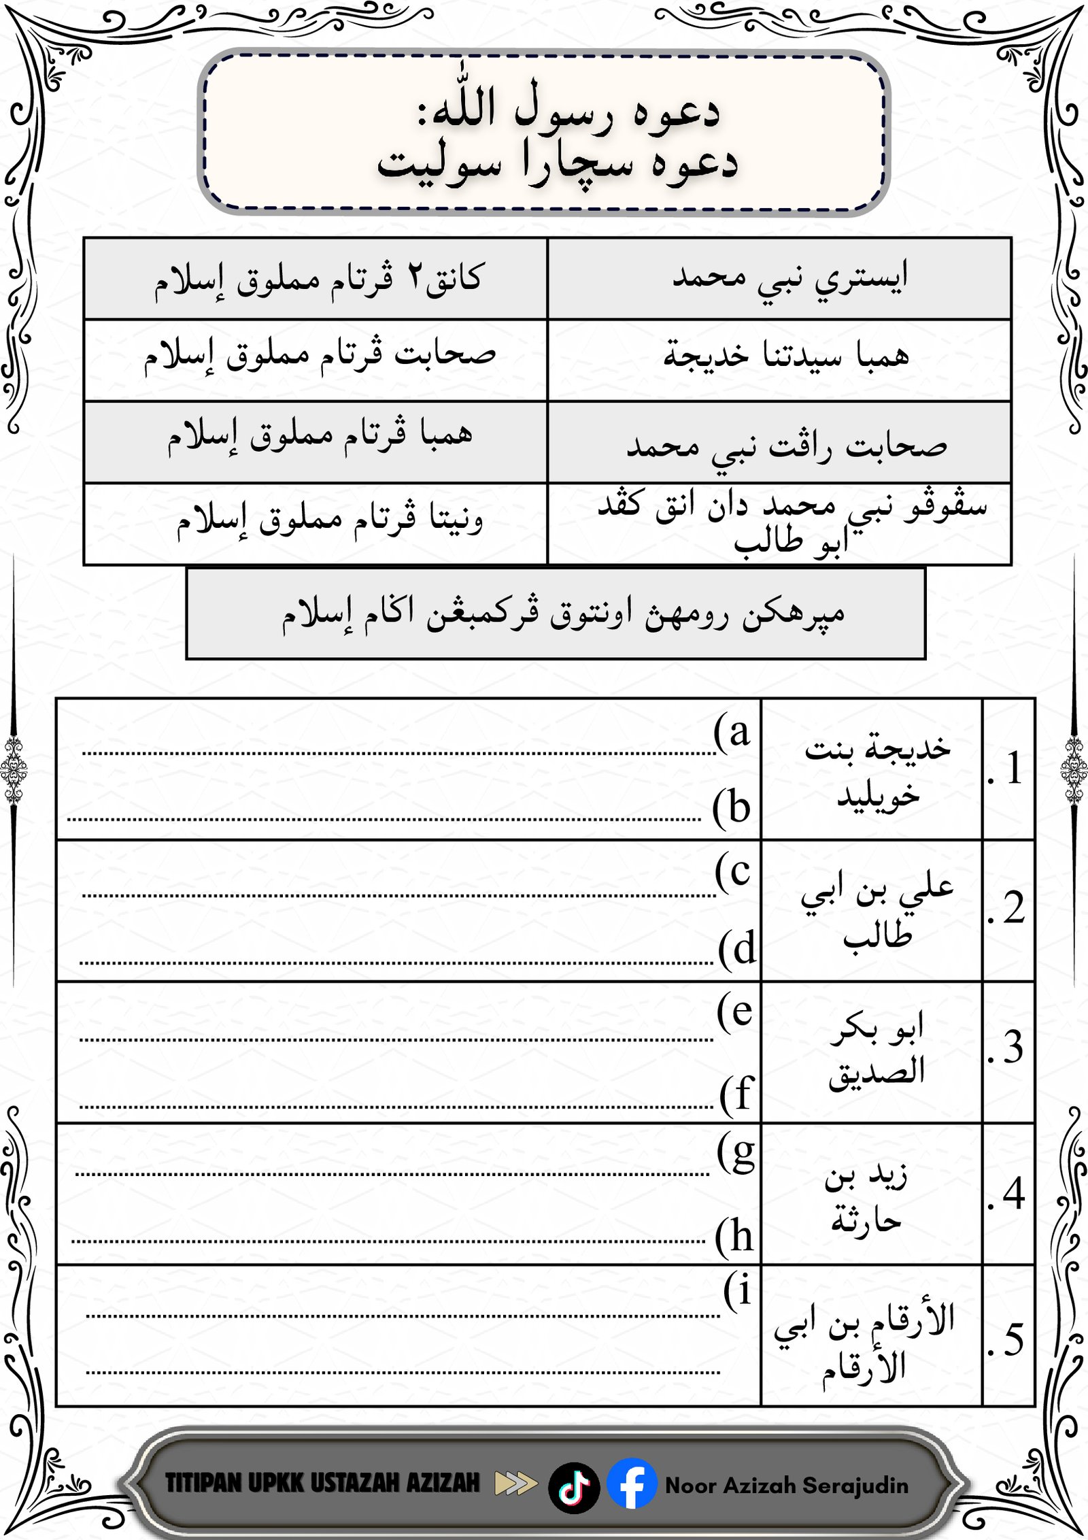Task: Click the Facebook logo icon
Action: (x=631, y=1484)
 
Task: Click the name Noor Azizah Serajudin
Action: (x=786, y=1485)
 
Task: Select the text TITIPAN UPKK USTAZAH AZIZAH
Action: (x=322, y=1483)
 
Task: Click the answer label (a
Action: (x=732, y=733)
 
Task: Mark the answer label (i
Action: (x=738, y=1290)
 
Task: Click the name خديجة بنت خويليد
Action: (x=877, y=771)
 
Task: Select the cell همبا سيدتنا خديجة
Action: (x=785, y=355)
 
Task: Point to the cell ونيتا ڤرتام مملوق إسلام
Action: (x=330, y=521)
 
